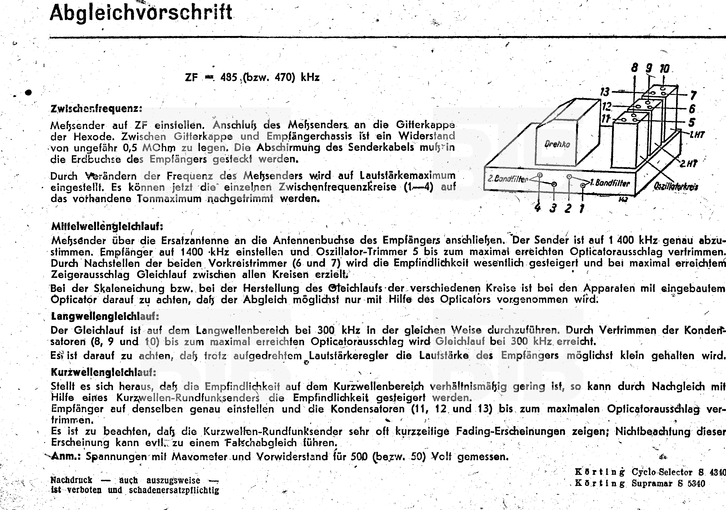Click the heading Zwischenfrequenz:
96,109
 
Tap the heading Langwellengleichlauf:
105,316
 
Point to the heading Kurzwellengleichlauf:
103,372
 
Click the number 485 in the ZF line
229,77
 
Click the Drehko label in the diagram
557,144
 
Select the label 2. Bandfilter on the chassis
507,179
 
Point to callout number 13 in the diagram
605,92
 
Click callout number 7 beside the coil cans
693,95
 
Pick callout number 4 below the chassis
537,208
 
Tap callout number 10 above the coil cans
664,69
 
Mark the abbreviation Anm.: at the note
66,456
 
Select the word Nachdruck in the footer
71,480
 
